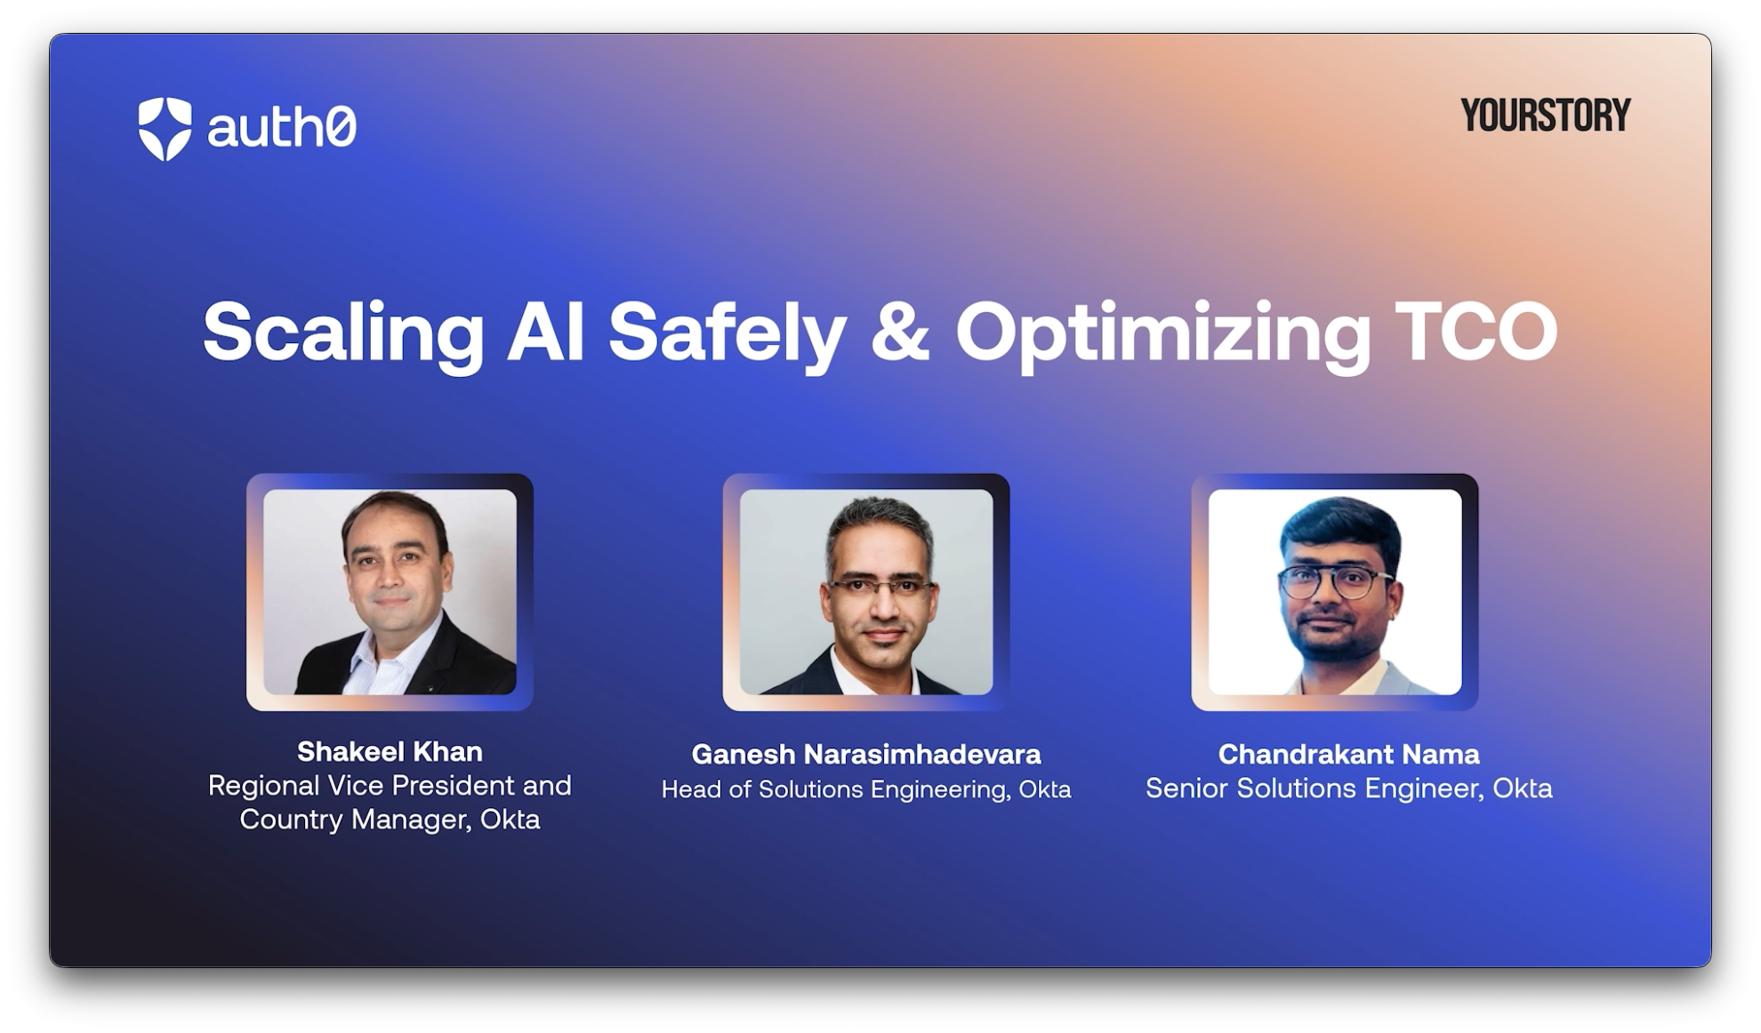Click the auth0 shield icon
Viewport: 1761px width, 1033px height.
(165, 129)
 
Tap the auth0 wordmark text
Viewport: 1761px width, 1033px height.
(282, 127)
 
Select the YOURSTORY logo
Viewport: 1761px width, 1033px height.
(1546, 116)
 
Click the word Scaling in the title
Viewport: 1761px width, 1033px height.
(343, 333)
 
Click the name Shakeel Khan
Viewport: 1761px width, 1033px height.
(390, 752)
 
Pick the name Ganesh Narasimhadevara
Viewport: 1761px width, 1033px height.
(866, 755)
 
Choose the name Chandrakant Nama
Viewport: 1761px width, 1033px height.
(1348, 755)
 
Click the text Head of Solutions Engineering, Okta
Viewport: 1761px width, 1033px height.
(866, 789)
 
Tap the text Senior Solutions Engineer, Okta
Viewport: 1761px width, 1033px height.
(1348, 789)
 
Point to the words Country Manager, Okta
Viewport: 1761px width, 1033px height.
(390, 820)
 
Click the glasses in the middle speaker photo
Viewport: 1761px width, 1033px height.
(881, 587)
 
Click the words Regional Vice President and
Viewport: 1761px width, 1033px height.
(390, 786)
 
